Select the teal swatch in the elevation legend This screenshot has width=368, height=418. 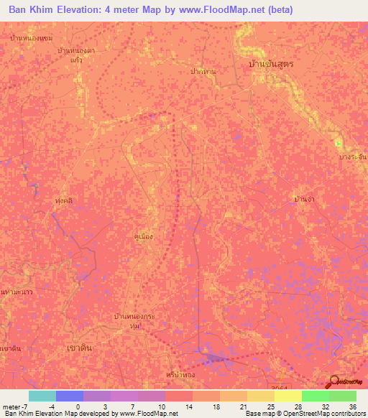click(42, 396)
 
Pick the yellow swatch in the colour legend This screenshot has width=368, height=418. click(287, 396)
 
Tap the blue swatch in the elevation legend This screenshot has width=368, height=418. click(69, 396)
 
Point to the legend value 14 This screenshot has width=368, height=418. click(188, 407)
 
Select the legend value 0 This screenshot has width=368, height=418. click(78, 407)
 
